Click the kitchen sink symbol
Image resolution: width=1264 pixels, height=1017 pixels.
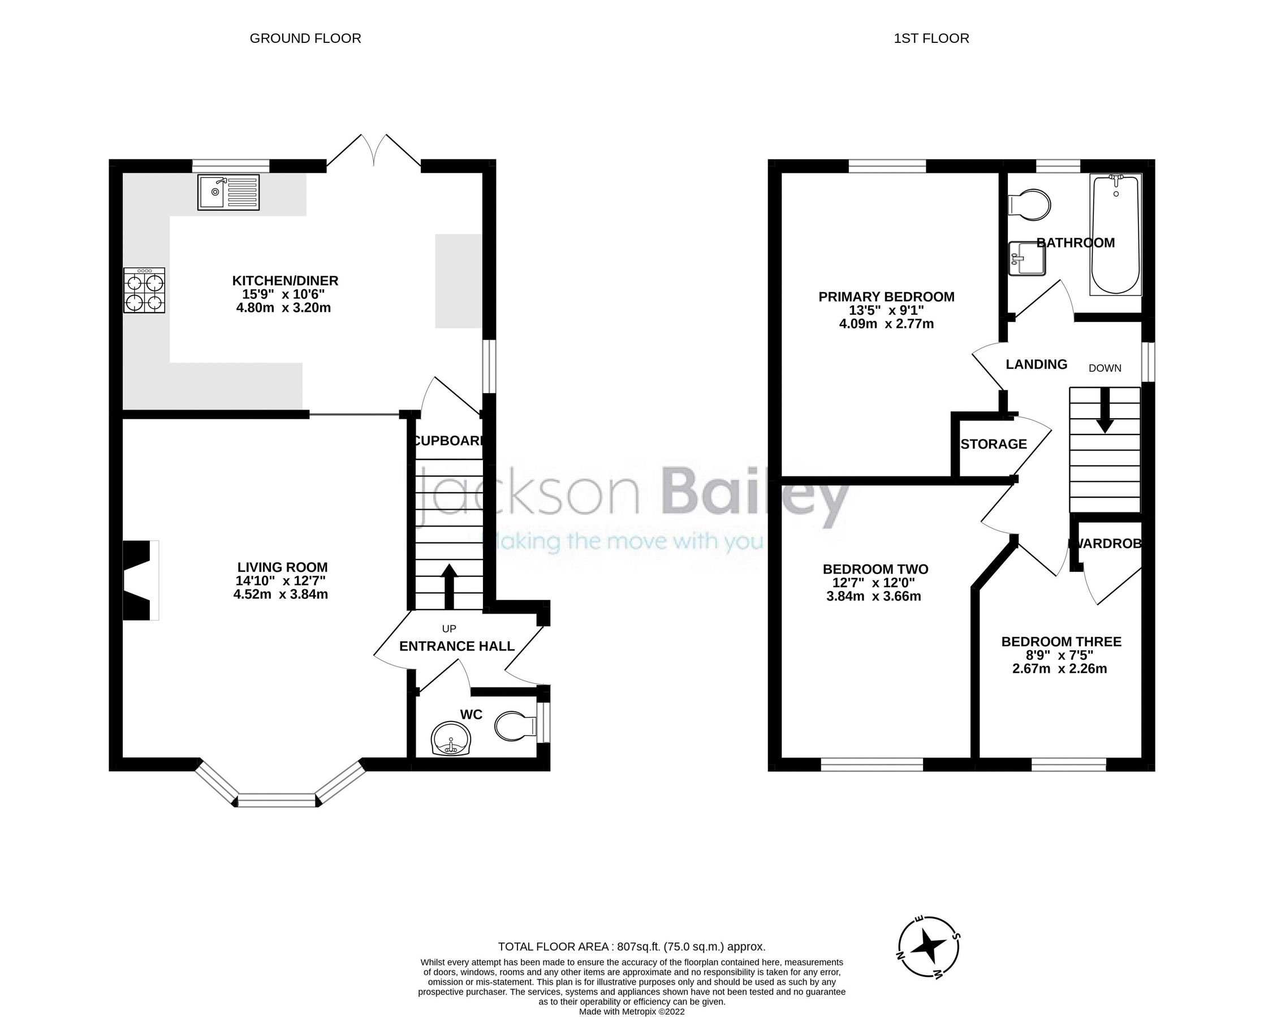(x=228, y=192)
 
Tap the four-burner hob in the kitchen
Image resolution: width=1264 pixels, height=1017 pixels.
(x=144, y=290)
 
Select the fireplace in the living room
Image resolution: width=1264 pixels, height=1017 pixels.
(x=140, y=580)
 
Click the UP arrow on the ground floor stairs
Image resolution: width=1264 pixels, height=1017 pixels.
(x=449, y=586)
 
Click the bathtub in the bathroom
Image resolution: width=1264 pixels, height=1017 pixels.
(x=1116, y=234)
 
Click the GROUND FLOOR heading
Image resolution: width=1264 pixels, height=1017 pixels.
(x=305, y=38)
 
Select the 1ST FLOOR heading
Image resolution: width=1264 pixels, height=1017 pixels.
(x=931, y=38)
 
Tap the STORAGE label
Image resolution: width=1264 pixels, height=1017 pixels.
(x=993, y=444)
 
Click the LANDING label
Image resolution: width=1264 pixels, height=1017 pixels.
(x=1036, y=364)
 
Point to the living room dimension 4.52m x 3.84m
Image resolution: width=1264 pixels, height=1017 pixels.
(x=281, y=594)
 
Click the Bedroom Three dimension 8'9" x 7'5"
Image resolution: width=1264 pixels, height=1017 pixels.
(x=1061, y=655)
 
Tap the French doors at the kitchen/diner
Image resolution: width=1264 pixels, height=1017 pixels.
(x=373, y=154)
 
